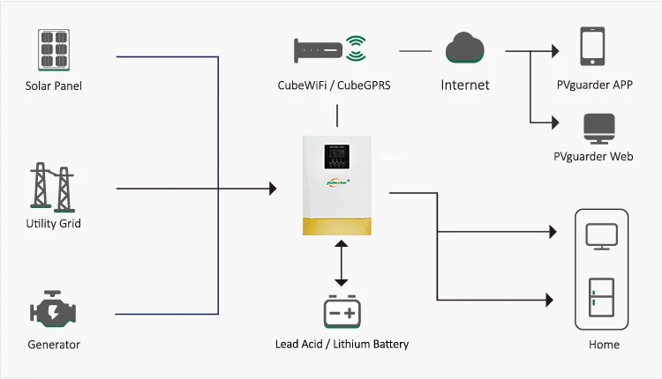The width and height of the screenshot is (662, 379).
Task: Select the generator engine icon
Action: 53,311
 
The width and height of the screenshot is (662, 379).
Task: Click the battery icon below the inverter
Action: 342,311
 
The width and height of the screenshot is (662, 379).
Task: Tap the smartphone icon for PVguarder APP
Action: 592,47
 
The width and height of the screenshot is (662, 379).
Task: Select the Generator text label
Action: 53,345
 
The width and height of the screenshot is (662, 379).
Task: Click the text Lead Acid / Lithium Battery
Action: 342,345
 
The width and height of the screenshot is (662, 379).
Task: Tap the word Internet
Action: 464,85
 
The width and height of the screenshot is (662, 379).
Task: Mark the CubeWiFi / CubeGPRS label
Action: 330,85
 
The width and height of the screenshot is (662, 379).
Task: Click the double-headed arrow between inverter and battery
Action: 341,262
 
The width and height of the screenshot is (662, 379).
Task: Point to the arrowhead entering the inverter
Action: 272,188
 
